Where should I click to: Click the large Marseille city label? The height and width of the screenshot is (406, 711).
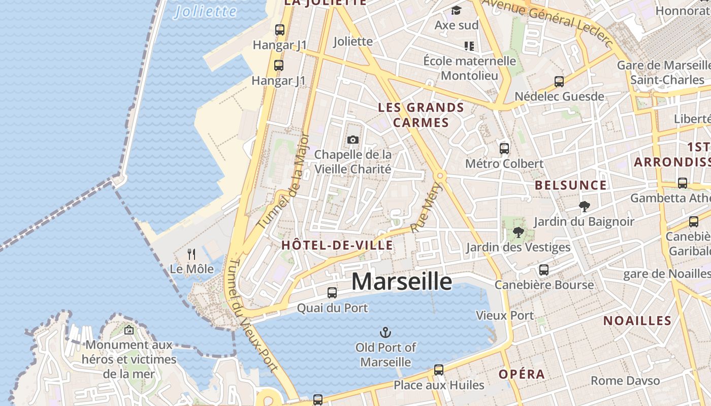pos(401,281)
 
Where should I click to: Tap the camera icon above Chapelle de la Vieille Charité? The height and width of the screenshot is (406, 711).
pos(352,140)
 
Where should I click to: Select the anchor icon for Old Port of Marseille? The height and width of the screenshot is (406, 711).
pos(385,332)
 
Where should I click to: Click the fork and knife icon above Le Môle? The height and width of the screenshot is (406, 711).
pos(191,254)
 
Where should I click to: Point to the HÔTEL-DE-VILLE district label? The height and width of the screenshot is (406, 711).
pos(337,246)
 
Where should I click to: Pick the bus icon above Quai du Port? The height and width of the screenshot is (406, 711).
pos(332,292)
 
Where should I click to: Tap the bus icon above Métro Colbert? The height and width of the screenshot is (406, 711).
pos(504,148)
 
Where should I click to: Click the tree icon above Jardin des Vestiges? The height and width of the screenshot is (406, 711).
pos(518,232)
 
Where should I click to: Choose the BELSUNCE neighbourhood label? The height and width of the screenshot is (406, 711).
pos(570,185)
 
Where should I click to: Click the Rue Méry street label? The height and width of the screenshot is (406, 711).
pos(427,208)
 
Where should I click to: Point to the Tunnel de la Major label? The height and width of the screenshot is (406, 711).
pos(283,181)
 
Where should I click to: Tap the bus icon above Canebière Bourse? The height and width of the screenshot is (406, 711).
pos(543,269)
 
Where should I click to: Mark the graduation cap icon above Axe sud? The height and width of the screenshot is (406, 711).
pos(456,10)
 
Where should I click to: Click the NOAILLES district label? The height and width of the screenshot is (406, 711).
pos(637,321)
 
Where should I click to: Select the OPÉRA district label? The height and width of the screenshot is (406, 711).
pos(522,375)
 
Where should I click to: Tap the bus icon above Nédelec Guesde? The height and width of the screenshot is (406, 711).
pos(559,81)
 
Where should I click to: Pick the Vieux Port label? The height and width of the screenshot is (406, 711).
pos(504,315)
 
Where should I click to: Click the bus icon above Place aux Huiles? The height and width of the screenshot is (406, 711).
pos(439,369)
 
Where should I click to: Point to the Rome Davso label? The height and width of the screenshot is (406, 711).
pos(625,380)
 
